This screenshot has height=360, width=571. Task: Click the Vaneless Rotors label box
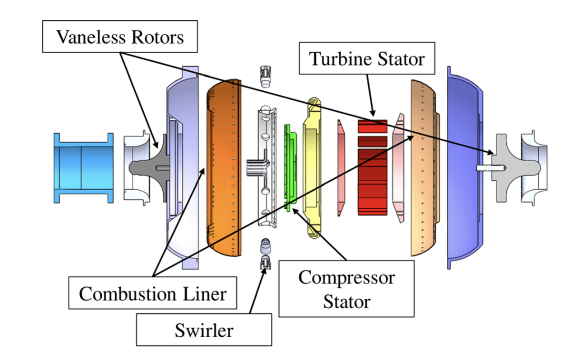click(x=120, y=37)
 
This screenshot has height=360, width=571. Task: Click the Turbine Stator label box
click(x=366, y=59)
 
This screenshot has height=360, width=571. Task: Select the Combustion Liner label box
click(x=152, y=293)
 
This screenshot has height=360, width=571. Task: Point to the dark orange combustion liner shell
click(x=220, y=166)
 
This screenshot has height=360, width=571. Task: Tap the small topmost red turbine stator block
click(x=373, y=126)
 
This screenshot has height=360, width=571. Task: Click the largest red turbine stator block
click(x=373, y=181)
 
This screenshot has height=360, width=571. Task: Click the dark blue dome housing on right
click(x=464, y=166)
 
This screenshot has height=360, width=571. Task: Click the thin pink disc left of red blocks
click(x=341, y=166)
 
